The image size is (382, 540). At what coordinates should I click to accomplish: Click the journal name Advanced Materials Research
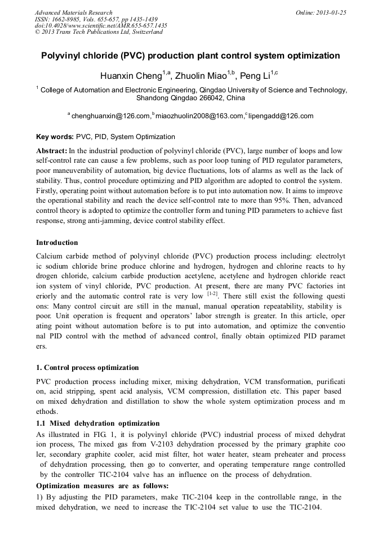[73, 12]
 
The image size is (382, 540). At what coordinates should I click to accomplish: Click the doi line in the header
[101, 25]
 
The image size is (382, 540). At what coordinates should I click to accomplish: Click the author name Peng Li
[255, 76]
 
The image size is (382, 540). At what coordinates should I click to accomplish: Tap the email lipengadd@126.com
[281, 116]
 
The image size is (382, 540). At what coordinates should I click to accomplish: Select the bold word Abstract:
[52, 151]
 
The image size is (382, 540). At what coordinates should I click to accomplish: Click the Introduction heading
[57, 243]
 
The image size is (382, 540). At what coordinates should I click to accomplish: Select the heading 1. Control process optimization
[87, 368]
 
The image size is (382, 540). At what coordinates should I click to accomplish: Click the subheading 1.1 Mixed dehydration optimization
[97, 423]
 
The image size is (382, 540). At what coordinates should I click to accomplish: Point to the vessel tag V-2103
[152, 444]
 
